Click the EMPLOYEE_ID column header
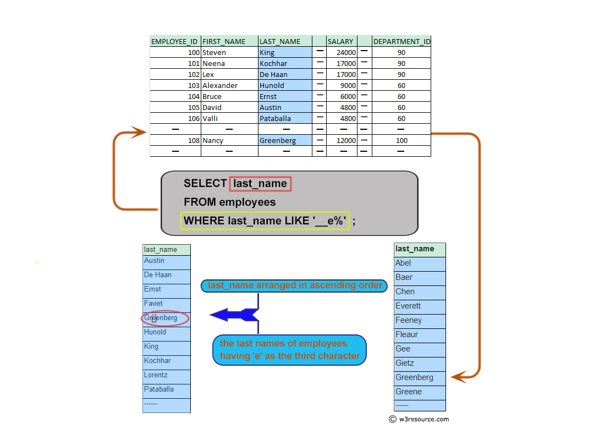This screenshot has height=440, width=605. pos(174,41)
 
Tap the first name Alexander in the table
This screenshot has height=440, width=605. pos(220,86)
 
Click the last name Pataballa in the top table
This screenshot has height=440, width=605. pos(275,119)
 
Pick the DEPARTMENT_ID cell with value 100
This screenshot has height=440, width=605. pos(402,141)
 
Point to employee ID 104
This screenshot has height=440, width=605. pos(194,97)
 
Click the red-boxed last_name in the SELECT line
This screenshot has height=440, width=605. pos(260,184)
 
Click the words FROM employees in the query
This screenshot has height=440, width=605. pos(230,202)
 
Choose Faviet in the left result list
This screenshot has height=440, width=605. pos(153,304)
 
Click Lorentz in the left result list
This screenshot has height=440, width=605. pos(156,375)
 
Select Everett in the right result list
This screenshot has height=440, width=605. pos(408,306)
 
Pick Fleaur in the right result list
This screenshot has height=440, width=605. pos(406,334)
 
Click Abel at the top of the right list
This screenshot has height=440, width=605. pos(403,263)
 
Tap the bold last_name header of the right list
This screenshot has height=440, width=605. pos(415,249)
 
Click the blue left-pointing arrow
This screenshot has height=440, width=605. pos(234,315)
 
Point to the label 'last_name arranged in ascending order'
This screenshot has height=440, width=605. pos(295,285)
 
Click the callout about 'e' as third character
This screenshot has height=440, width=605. pos(289,350)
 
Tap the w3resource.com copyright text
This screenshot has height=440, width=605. pos(419,419)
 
